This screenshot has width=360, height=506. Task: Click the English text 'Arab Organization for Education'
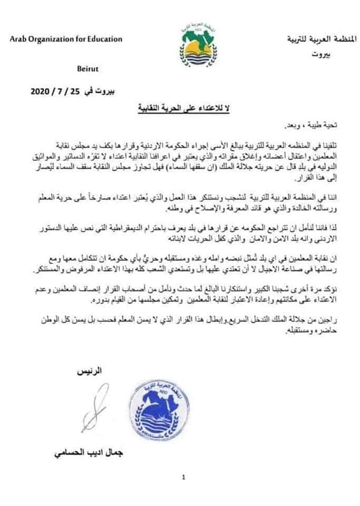pos(65,39)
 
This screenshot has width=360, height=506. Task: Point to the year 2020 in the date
pos(40,91)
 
